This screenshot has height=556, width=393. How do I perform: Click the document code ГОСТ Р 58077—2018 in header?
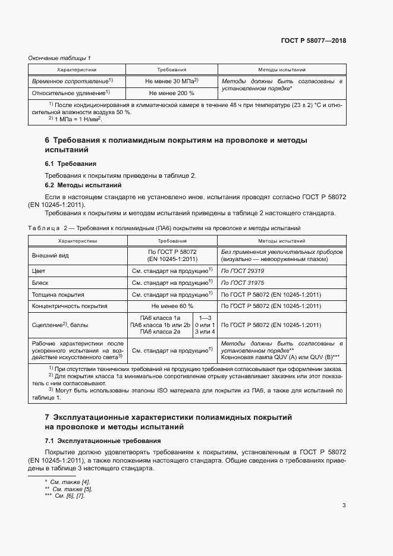pyautogui.click(x=313, y=40)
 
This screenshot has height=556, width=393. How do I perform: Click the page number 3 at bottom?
pyautogui.click(x=344, y=505)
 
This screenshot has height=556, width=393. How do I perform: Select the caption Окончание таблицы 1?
pyautogui.click(x=59, y=58)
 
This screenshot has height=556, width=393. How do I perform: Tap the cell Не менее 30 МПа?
pyautogui.click(x=171, y=80)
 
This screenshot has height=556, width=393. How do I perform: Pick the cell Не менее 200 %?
pyautogui.click(x=171, y=93)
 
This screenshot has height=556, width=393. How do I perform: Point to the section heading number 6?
pyautogui.click(x=48, y=141)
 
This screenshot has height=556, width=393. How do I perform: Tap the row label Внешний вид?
pyautogui.click(x=49, y=256)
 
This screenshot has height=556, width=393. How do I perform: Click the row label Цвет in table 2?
pyautogui.click(x=39, y=271)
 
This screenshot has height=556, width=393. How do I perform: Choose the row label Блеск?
pyautogui.click(x=41, y=282)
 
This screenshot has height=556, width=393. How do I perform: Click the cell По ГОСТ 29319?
pyautogui.click(x=241, y=271)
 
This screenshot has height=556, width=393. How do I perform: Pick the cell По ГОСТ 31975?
pyautogui.click(x=241, y=282)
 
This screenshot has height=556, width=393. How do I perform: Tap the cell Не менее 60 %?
pyautogui.click(x=171, y=306)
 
